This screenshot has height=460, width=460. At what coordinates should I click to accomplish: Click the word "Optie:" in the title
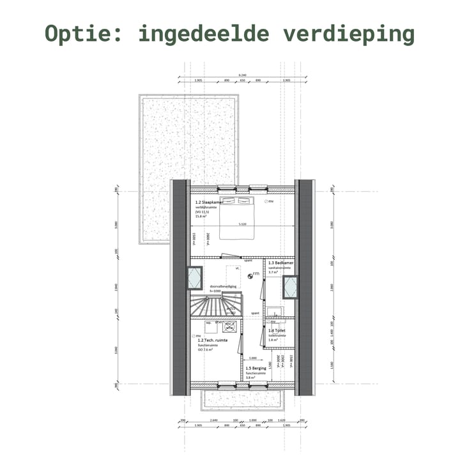(x=84, y=34)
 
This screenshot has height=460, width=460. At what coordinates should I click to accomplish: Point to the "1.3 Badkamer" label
(x=280, y=263)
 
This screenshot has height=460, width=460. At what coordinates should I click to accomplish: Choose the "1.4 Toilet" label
(x=277, y=331)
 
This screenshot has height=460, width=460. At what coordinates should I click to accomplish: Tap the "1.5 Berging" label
(x=256, y=369)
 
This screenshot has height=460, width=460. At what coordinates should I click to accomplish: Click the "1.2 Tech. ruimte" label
(x=212, y=341)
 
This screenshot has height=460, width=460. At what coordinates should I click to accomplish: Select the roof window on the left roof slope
(x=194, y=278)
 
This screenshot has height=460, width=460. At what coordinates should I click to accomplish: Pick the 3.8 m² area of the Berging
(x=250, y=378)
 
